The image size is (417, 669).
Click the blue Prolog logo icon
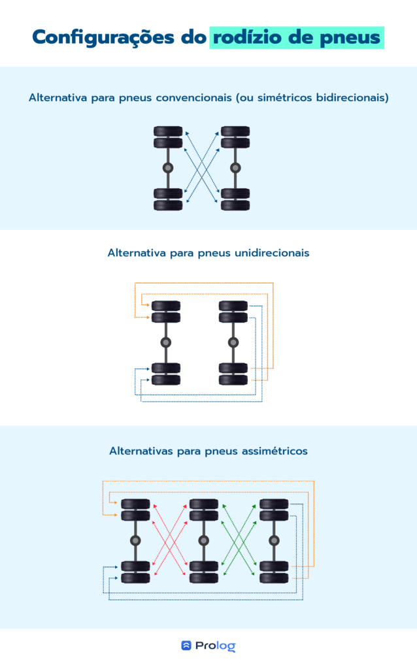click(x=186, y=645)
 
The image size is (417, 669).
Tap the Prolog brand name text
click(x=216, y=646)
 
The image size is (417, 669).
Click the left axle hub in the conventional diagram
click(x=168, y=168)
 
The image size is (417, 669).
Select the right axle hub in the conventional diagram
click(x=235, y=168)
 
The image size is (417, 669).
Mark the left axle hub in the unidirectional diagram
click(x=165, y=342)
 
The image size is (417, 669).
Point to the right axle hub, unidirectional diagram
click(x=233, y=342)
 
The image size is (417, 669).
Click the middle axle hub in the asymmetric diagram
click(x=203, y=540)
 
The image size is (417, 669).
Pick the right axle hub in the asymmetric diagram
click(x=274, y=540)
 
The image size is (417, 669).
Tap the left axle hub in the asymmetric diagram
click(x=135, y=540)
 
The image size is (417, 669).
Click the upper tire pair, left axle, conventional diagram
click(x=168, y=137)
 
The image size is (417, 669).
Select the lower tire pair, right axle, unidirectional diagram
click(x=233, y=374)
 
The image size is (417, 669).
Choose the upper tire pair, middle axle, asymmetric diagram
click(x=203, y=510)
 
